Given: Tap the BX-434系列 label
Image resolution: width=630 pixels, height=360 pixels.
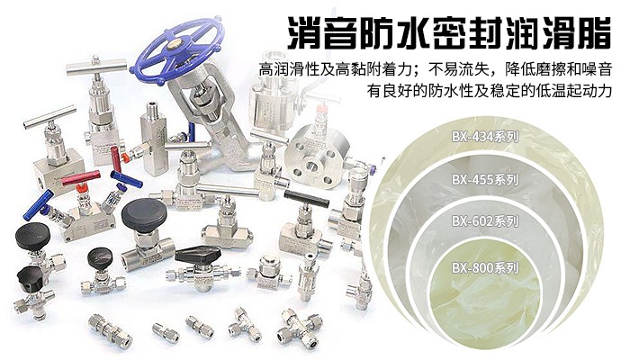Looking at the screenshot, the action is (x=485, y=137).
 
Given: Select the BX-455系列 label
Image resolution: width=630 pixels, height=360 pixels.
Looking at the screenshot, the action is (x=485, y=179).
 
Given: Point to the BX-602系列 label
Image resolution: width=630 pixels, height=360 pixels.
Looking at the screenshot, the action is (x=485, y=221).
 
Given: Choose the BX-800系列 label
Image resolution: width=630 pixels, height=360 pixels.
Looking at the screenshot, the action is (x=485, y=267).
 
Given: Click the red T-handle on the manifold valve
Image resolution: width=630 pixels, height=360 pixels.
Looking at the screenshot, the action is (x=81, y=178).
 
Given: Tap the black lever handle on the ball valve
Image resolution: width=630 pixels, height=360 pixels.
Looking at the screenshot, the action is (x=199, y=254).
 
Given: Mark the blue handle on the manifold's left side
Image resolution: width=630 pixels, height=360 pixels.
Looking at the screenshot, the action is (x=38, y=204).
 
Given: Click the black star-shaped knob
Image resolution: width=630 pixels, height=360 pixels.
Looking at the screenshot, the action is (x=30, y=277).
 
